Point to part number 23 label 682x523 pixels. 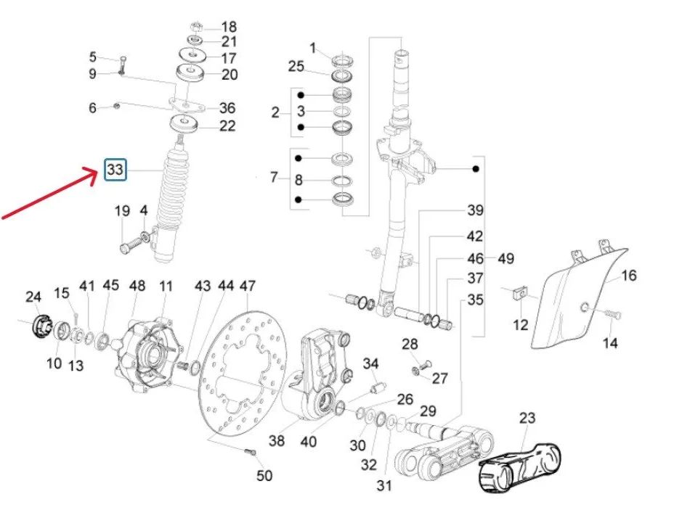[527, 417]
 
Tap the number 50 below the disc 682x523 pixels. [264, 477]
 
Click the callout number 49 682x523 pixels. [506, 258]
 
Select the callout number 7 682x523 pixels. [275, 178]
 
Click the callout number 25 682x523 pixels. [296, 67]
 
